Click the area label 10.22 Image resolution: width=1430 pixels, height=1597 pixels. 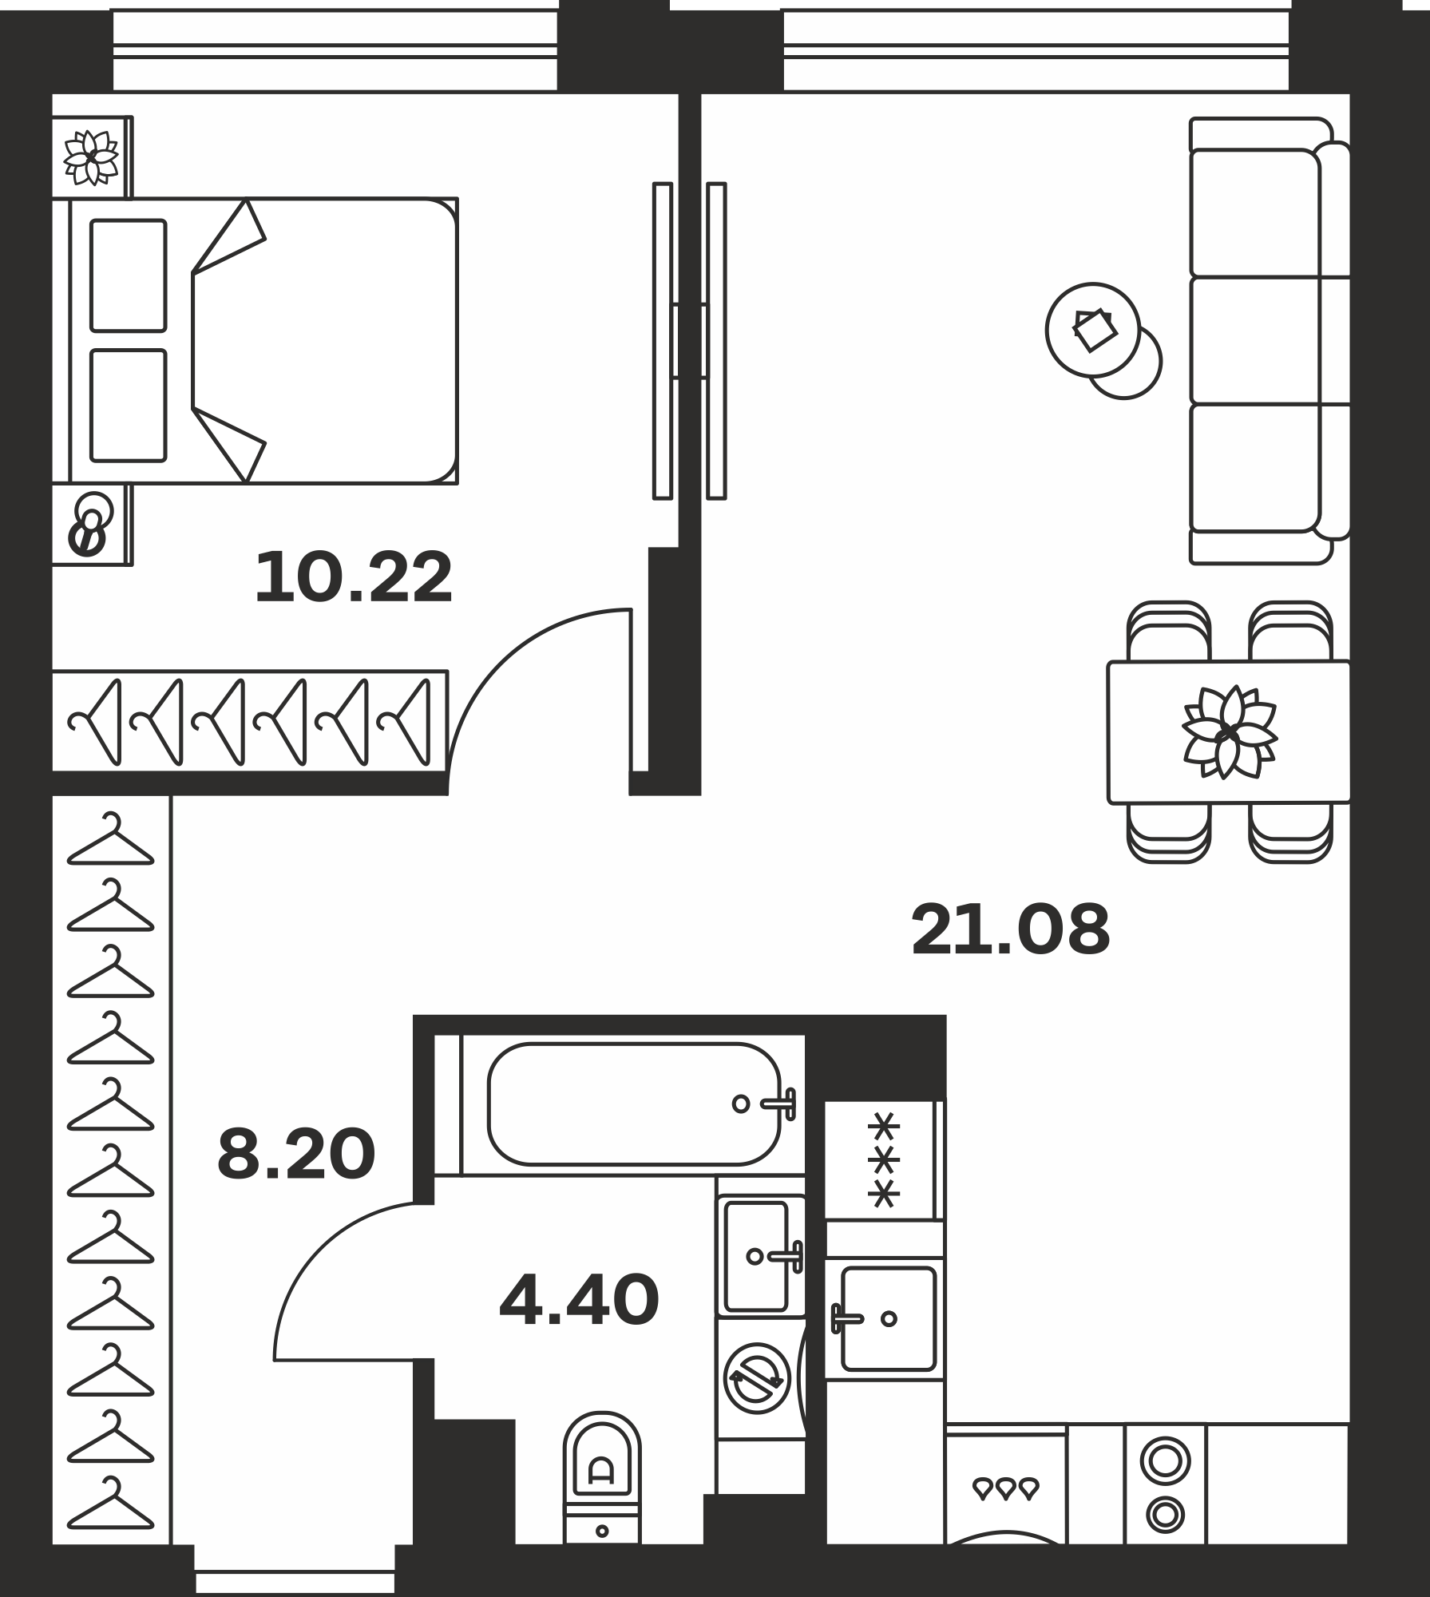[354, 577]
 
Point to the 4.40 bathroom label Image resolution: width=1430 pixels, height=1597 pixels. [579, 1301]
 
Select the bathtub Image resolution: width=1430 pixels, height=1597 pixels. [633, 1104]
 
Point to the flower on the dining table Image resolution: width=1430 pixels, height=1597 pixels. [1230, 732]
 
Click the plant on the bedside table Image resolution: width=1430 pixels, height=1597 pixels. [91, 157]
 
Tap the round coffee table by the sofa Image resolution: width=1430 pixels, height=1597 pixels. [1093, 330]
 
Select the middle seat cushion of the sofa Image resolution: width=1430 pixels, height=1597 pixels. [1255, 340]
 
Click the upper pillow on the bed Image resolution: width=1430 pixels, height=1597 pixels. [129, 275]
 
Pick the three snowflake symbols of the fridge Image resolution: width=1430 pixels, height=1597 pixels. [884, 1159]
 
